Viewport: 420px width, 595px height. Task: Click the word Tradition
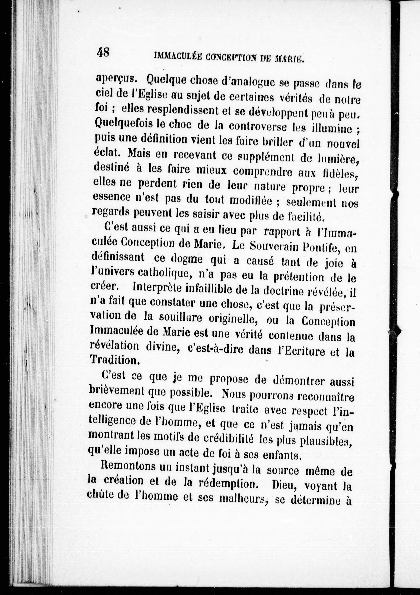click(x=114, y=360)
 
